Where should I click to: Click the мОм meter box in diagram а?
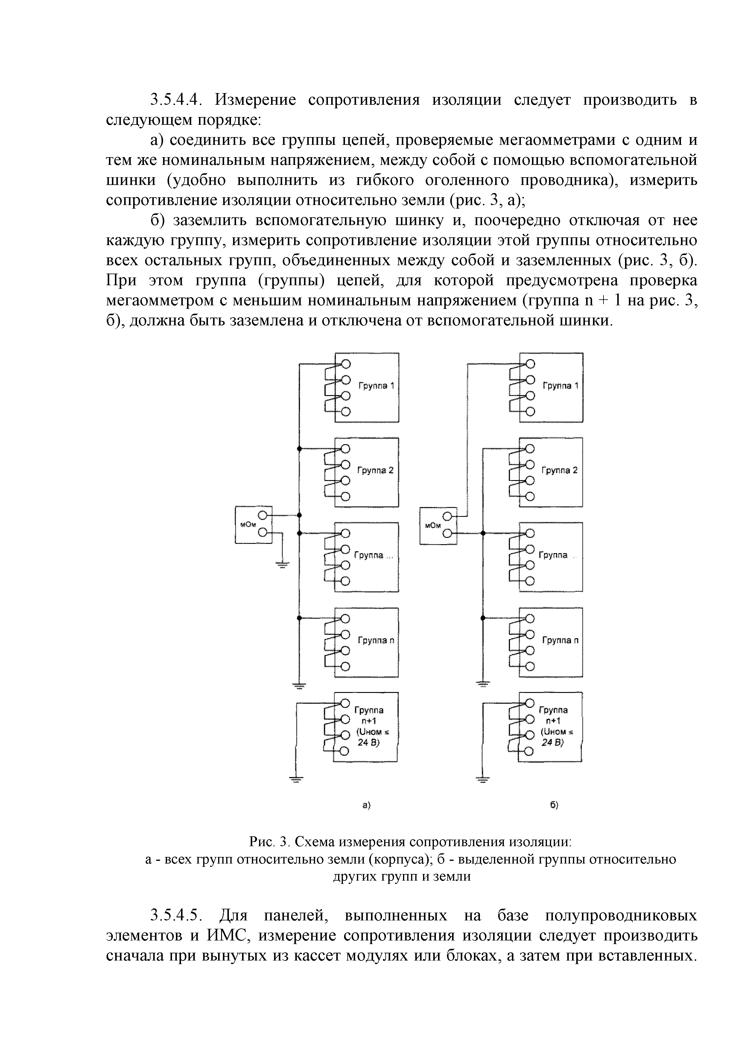(253, 525)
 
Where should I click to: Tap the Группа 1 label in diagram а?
(376, 386)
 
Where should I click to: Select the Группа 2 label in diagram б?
(559, 471)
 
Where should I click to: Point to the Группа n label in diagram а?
(376, 640)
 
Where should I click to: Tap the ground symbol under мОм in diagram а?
(282, 565)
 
